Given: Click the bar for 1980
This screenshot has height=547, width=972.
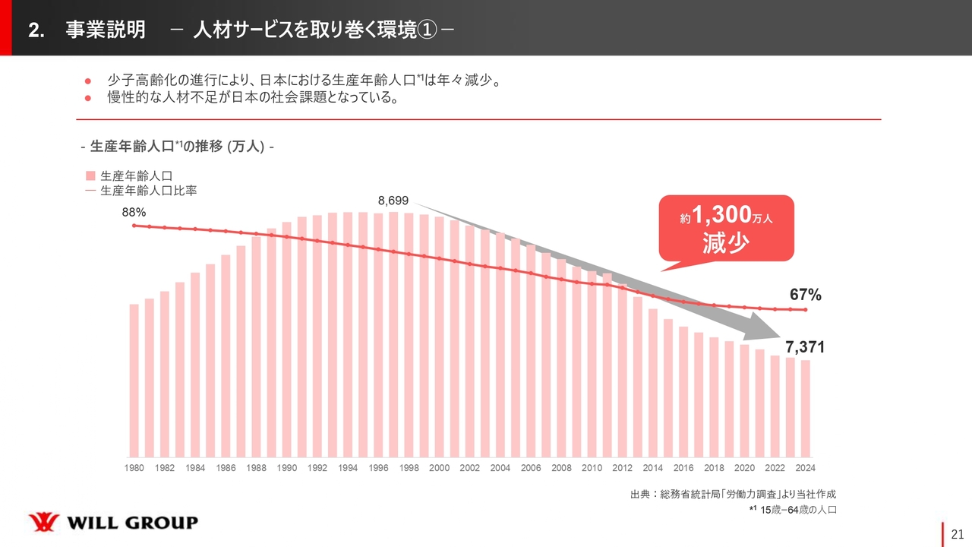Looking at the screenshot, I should [134, 380].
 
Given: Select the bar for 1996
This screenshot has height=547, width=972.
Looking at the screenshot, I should [378, 334].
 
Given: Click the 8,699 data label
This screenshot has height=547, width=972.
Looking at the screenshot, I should [393, 201].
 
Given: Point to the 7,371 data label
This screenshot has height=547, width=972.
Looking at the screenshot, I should [805, 347].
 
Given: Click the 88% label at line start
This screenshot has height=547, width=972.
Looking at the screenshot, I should [134, 213].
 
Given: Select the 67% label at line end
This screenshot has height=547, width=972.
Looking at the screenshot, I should [805, 295].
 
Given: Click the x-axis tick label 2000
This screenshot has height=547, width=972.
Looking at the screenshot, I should [439, 468].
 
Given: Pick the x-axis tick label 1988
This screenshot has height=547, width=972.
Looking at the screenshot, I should [256, 468].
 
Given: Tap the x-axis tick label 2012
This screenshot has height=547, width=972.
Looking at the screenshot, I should [622, 468].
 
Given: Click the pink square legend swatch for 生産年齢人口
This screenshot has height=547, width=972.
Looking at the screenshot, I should [90, 175].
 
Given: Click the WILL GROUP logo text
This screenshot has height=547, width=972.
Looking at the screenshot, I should [133, 523].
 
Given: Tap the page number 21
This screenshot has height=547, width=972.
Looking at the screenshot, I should [957, 534].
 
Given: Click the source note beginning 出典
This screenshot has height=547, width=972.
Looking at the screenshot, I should [733, 495].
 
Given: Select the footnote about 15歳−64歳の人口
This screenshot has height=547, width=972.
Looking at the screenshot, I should [793, 510].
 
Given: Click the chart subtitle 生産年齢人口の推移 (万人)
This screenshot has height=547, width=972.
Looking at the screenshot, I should [176, 146].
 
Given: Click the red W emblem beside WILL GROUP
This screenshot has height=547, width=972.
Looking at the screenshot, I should [43, 523].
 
